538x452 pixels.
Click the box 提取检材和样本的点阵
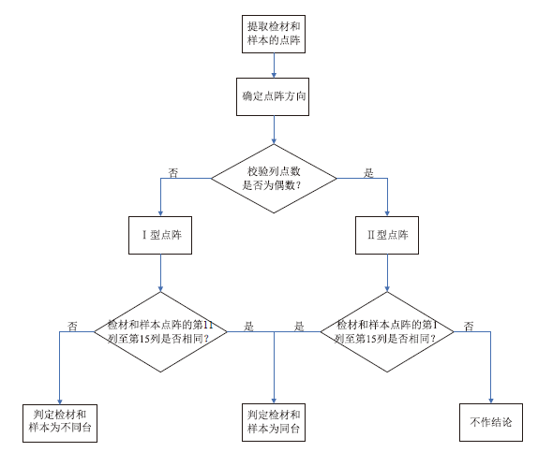click(x=274, y=34)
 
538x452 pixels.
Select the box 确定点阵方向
click(x=273, y=96)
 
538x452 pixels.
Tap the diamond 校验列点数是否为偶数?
click(x=274, y=178)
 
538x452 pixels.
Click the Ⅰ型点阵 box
click(x=160, y=235)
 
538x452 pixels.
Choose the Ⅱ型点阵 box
click(x=387, y=235)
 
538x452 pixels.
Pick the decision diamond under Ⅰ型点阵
click(x=160, y=331)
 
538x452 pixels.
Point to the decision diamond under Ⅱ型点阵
click(x=387, y=331)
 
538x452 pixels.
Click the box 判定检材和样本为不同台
click(x=60, y=423)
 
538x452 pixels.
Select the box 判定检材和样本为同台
click(x=274, y=422)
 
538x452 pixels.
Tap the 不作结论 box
click(x=491, y=422)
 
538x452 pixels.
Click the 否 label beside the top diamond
click(x=173, y=172)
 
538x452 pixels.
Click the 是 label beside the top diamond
click(x=368, y=172)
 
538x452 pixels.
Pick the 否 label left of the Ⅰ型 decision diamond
click(x=72, y=326)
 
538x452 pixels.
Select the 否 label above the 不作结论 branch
click(x=469, y=326)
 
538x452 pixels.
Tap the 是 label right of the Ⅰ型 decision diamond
click(x=248, y=326)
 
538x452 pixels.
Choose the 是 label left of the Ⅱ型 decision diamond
click(x=299, y=326)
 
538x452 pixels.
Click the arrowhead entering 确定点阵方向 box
click(x=274, y=76)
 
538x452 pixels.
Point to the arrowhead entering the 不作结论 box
click(x=490, y=401)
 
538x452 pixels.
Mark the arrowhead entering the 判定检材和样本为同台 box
click(x=274, y=401)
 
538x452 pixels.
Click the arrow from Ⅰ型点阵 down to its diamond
click(x=160, y=272)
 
